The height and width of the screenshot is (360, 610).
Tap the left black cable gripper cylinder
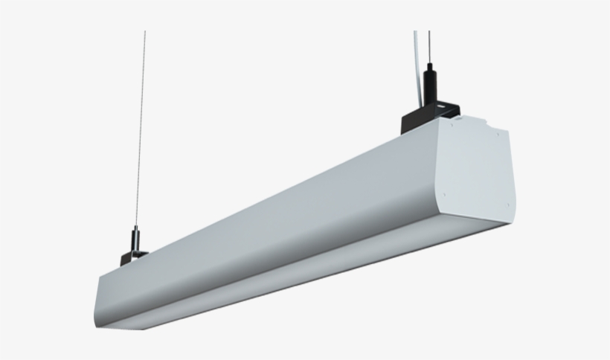click(x=135, y=240)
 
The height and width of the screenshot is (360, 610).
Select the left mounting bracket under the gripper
click(x=132, y=257)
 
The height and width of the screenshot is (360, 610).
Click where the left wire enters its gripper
click(x=136, y=227)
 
